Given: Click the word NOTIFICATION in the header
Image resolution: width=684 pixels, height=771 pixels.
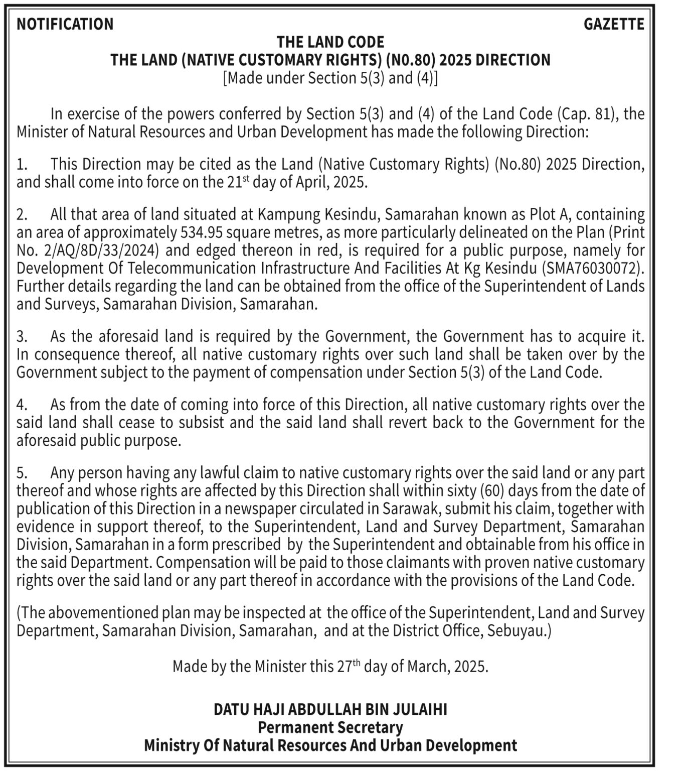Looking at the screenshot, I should coord(65,24).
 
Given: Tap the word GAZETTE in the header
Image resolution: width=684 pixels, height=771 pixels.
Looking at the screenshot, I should coord(614,24).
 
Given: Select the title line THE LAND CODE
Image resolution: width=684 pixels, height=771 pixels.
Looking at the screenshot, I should coord(330,42).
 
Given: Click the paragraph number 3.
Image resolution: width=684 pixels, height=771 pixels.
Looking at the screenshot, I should coord(21,336).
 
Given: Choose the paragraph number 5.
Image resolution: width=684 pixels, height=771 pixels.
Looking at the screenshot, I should coord(21,473).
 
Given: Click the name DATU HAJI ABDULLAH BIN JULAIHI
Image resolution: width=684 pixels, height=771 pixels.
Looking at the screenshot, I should coord(330,709).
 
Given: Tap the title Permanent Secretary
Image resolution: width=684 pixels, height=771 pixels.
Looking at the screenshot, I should coord(330,727).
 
